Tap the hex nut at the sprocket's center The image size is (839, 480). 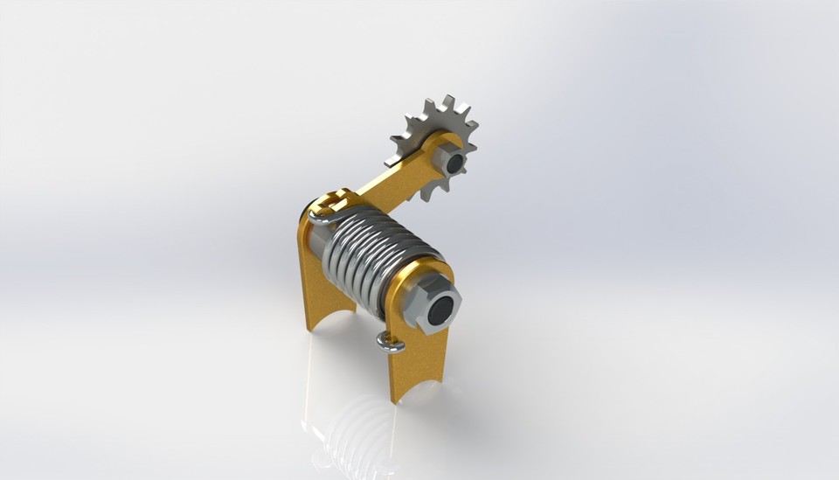[453, 159]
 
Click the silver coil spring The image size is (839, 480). [376, 254]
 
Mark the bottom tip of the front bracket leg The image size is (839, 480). [397, 398]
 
